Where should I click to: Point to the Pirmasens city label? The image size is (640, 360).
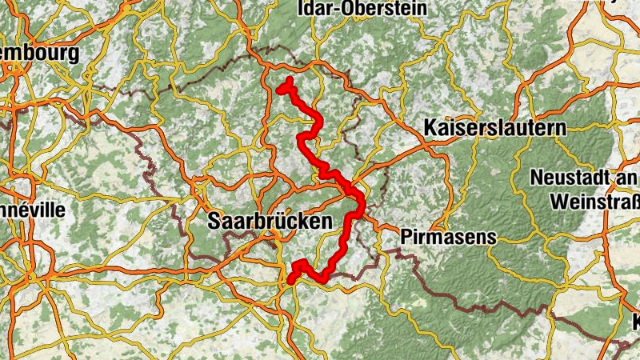coord(448,237)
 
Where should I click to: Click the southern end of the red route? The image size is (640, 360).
coord(291,280)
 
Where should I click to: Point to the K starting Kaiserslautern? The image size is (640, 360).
coord(429,127)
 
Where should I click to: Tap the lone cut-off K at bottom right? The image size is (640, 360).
coord(636,323)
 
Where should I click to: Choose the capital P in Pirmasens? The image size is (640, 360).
coord(405,237)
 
